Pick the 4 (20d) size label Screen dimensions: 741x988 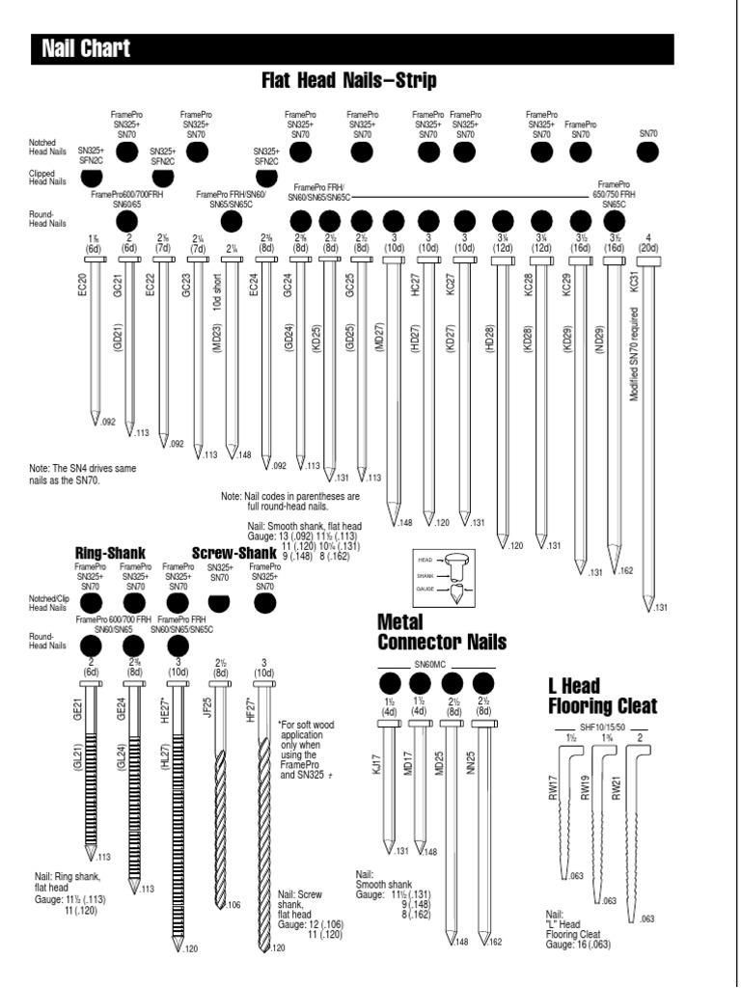pos(648,242)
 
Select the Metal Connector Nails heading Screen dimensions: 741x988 pos(427,631)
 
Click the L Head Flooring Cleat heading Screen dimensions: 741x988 pos(602,696)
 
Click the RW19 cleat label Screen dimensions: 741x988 pos(585,785)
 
